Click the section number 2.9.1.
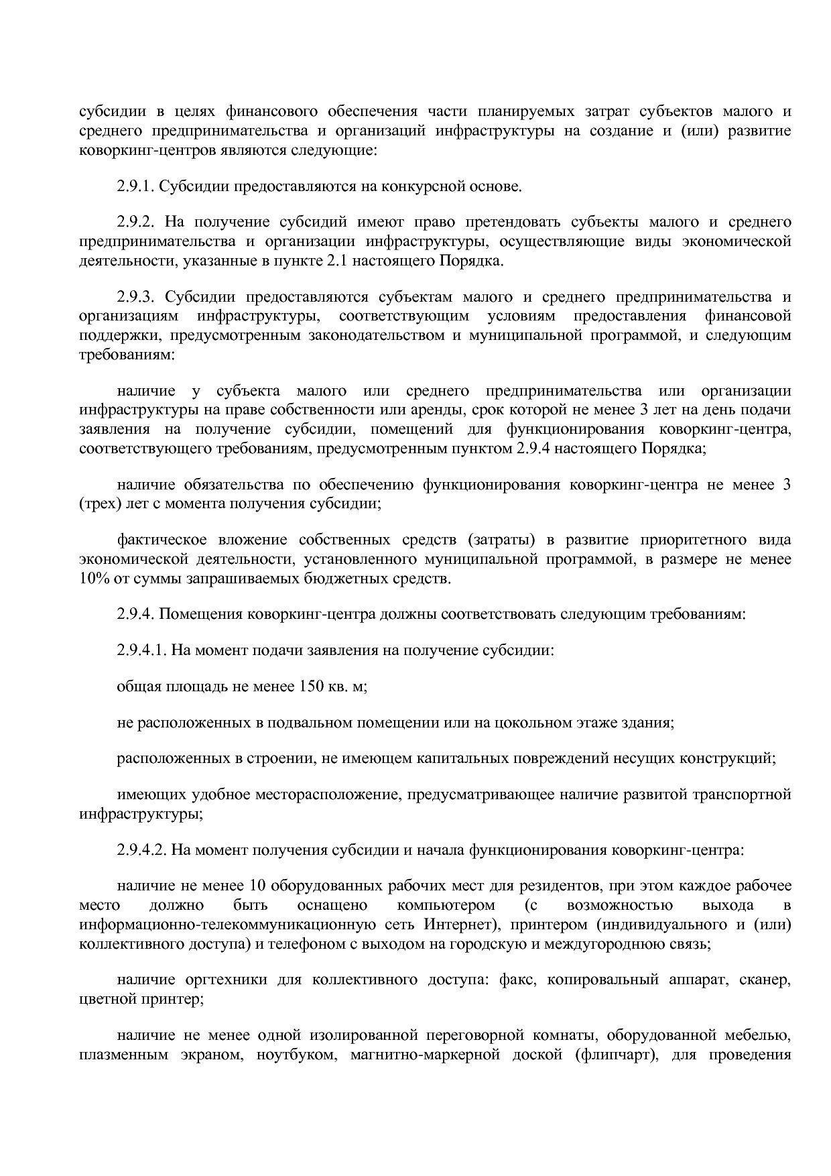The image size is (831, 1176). pyautogui.click(x=136, y=186)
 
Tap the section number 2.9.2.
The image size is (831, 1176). pyautogui.click(x=136, y=222)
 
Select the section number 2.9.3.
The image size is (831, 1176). pyautogui.click(x=136, y=297)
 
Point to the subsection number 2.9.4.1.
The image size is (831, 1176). pyautogui.click(x=141, y=650)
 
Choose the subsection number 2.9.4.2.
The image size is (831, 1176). pyautogui.click(x=141, y=850)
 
